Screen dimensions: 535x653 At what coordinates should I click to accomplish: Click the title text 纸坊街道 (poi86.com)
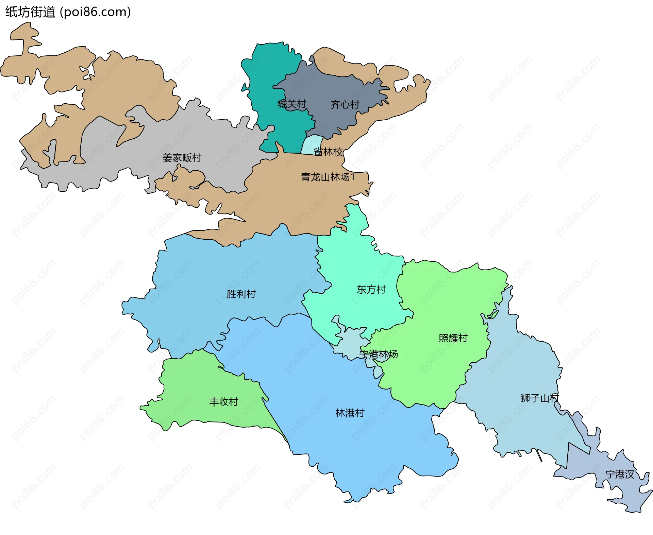click(x=68, y=12)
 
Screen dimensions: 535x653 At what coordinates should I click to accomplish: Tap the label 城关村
click(x=292, y=104)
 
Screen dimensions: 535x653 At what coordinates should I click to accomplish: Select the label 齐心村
click(x=345, y=105)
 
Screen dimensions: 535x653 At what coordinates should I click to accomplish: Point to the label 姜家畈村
click(x=182, y=158)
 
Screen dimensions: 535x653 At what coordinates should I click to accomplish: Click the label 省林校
click(x=328, y=152)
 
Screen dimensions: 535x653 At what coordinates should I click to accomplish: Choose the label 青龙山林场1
click(x=328, y=177)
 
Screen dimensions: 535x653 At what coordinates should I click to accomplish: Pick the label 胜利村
click(x=241, y=294)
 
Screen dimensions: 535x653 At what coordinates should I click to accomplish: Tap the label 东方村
click(x=371, y=290)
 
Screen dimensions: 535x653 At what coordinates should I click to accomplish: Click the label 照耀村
click(x=453, y=338)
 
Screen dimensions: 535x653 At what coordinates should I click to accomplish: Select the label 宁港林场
click(x=379, y=355)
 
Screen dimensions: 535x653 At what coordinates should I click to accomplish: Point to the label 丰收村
click(x=223, y=402)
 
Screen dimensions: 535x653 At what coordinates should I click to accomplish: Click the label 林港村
click(x=350, y=413)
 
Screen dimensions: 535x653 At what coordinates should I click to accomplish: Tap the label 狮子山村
click(x=539, y=398)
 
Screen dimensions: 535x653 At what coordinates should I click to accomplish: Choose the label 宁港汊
click(x=620, y=474)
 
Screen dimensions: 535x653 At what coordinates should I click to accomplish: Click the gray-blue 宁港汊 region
click(x=585, y=462)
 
